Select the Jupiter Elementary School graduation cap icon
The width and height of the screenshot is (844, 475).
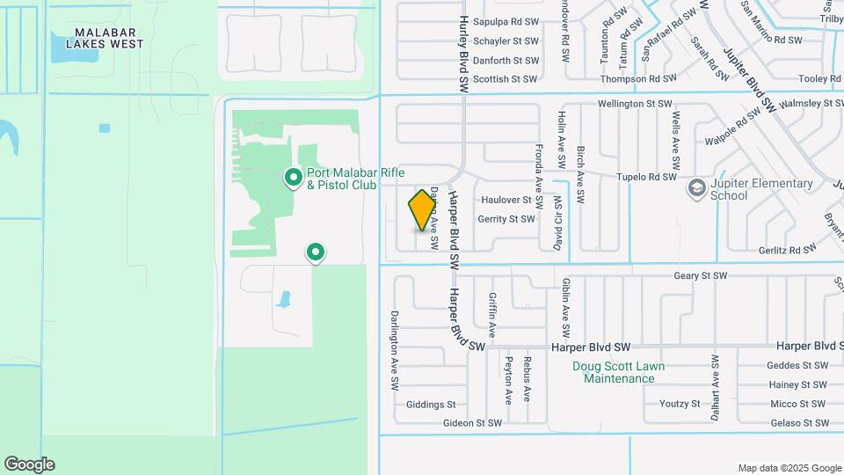tap(697, 187)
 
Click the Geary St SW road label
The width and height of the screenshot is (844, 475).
tap(701, 275)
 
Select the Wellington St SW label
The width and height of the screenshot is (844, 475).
tap(635, 104)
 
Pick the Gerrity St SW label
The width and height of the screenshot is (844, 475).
tap(506, 219)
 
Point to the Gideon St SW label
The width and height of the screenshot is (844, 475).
tap(473, 423)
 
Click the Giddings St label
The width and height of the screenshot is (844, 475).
tap(431, 405)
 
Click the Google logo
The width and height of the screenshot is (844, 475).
tap(29, 464)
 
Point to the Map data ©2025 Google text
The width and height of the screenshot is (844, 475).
tap(789, 468)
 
